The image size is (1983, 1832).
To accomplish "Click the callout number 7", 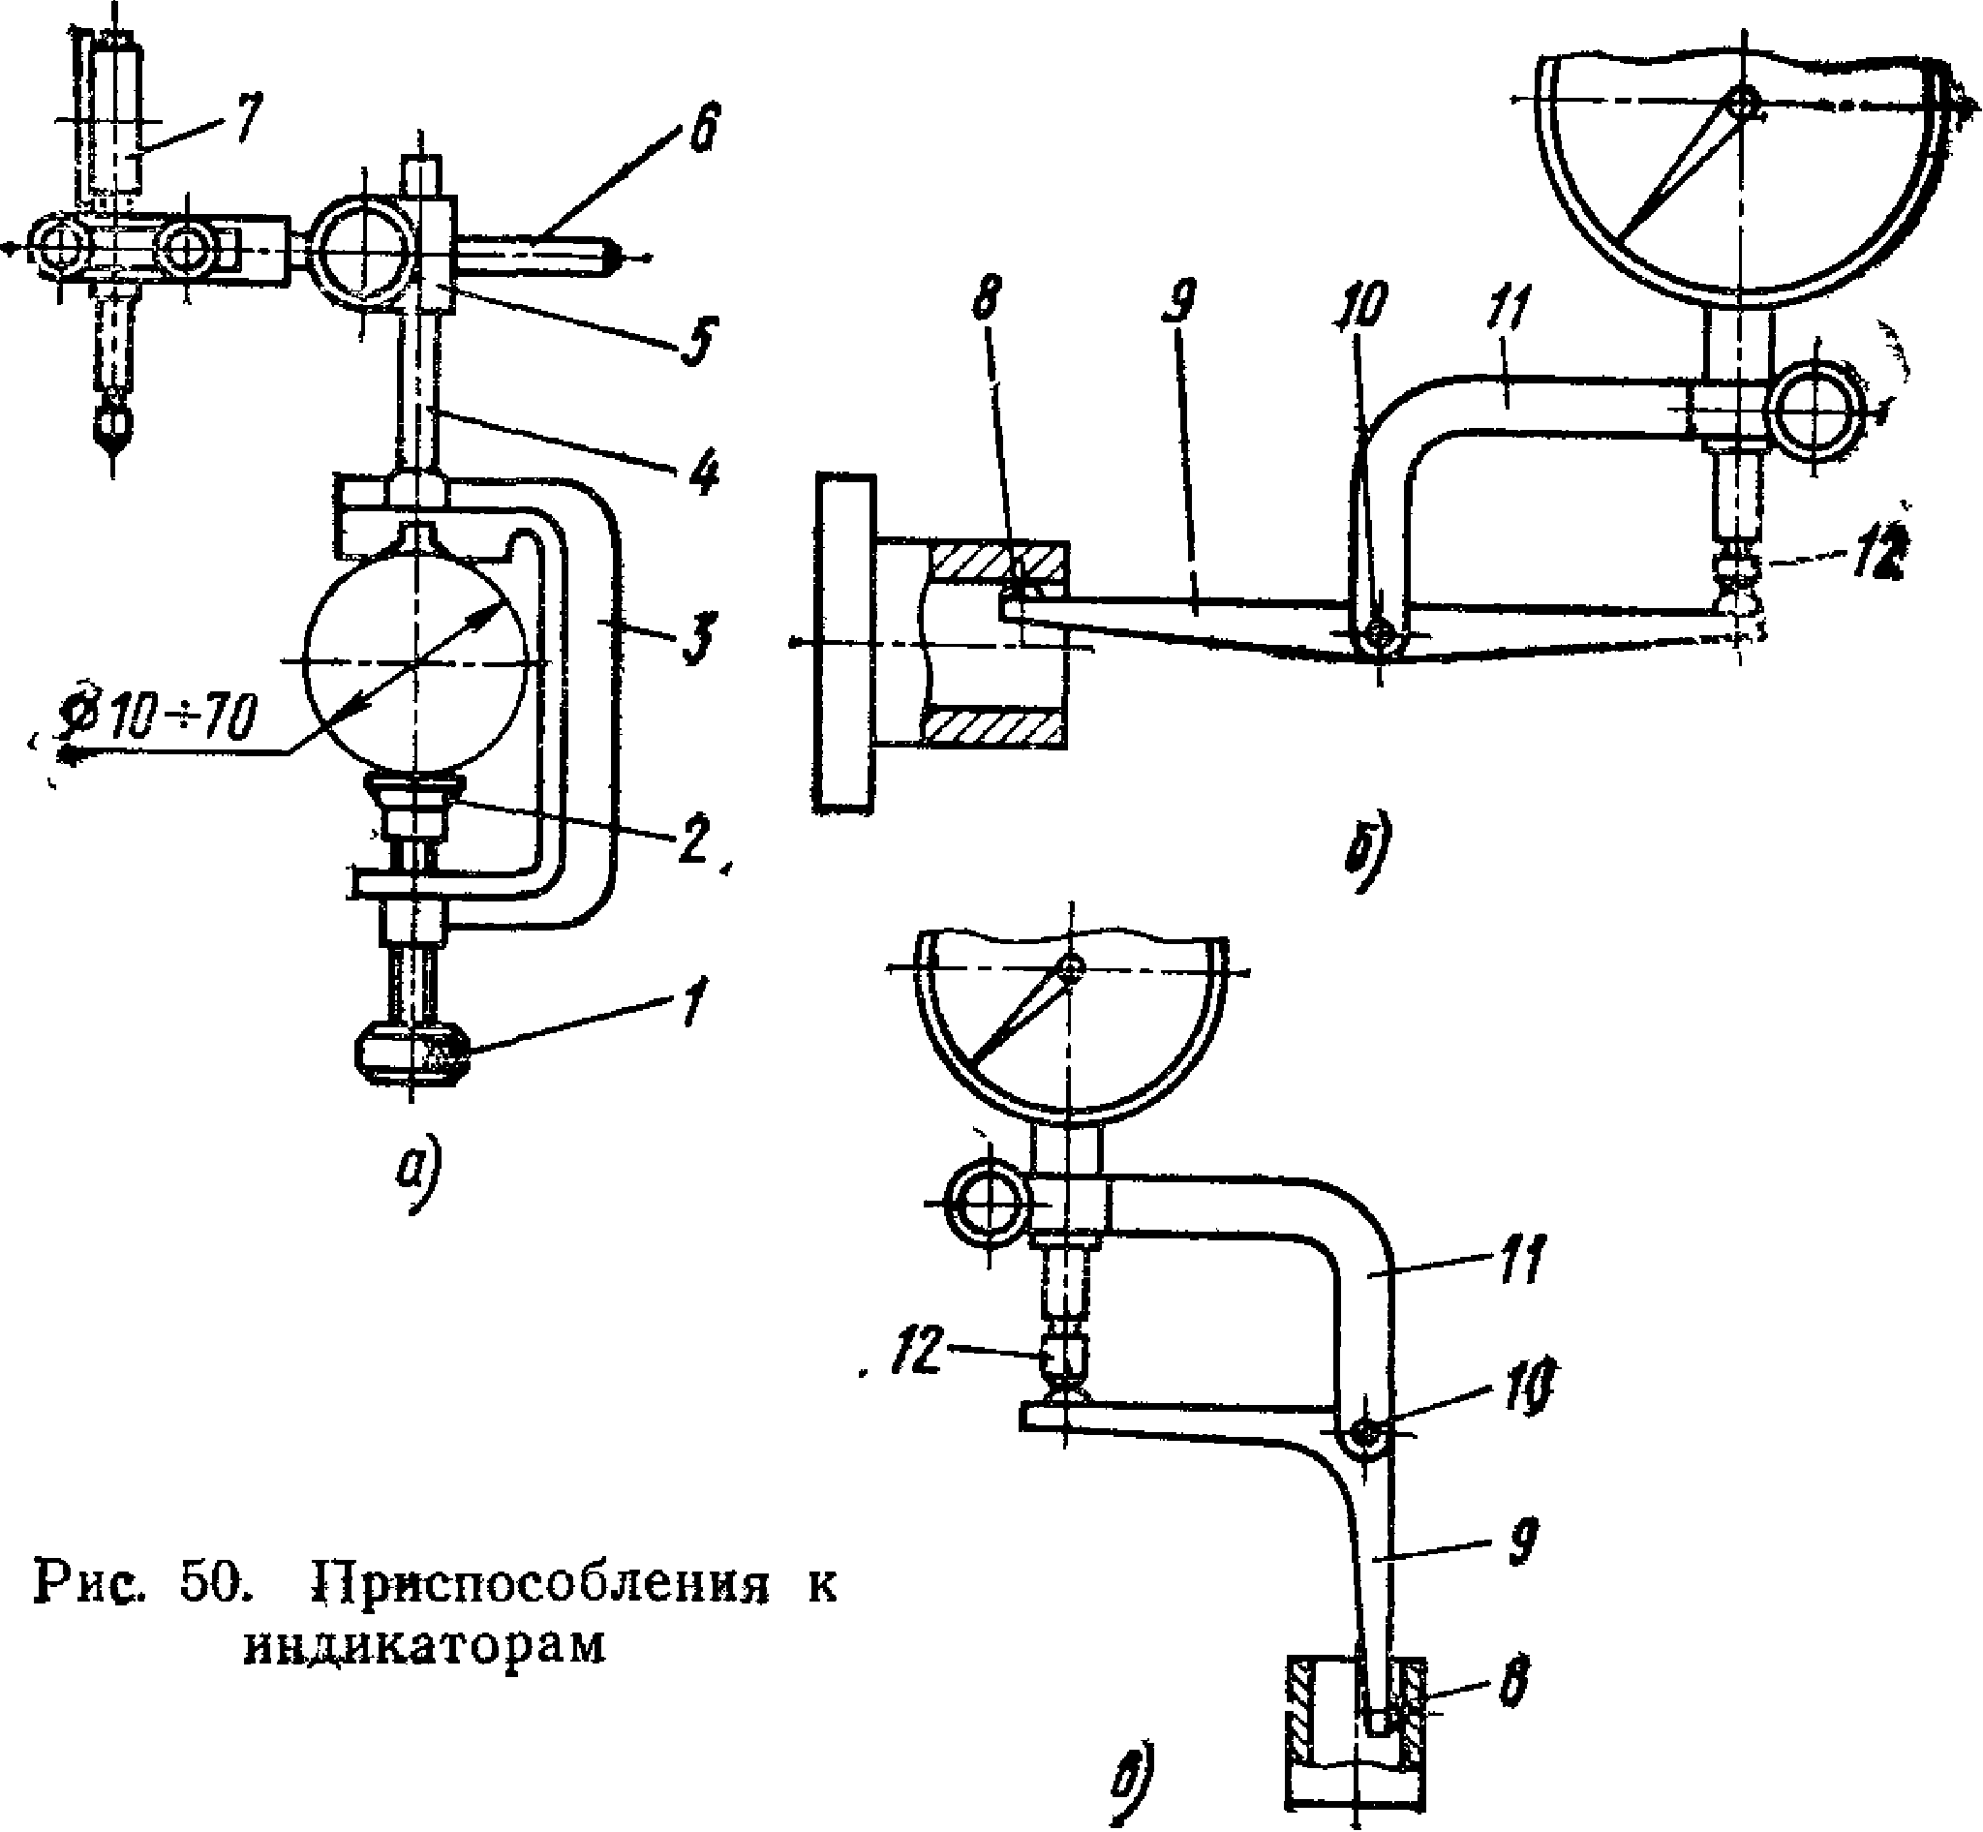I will point(243,121).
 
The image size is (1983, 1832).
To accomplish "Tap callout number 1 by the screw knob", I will point(694,1001).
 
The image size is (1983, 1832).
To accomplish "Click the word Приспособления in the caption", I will point(541,1584).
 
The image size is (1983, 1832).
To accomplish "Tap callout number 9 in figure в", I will point(1522,1542).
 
